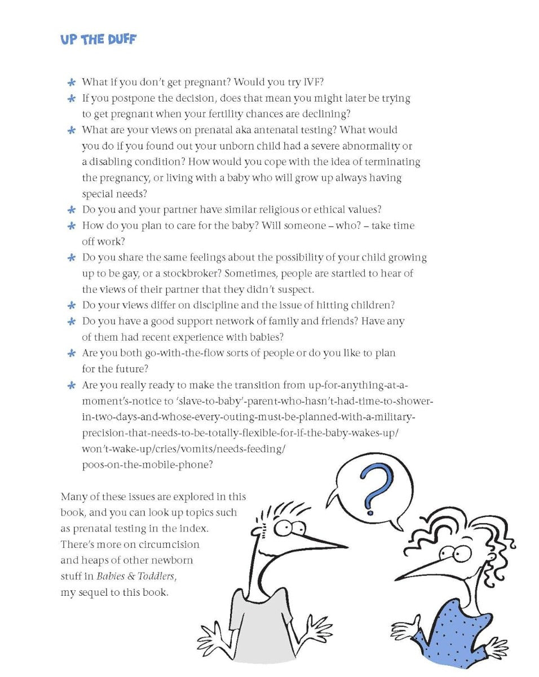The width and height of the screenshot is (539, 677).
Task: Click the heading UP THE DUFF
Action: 98,39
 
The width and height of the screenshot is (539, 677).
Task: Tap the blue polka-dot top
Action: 451,626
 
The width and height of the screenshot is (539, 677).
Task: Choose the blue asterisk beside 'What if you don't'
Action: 72,83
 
